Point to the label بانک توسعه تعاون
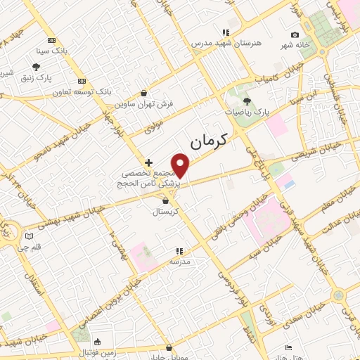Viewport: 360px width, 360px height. point(84,91)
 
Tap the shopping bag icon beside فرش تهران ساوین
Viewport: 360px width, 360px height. point(144,93)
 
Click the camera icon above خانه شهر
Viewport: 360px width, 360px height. point(295,34)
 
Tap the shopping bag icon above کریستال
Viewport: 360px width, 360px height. point(165,200)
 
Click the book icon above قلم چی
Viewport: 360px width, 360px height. point(29,236)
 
